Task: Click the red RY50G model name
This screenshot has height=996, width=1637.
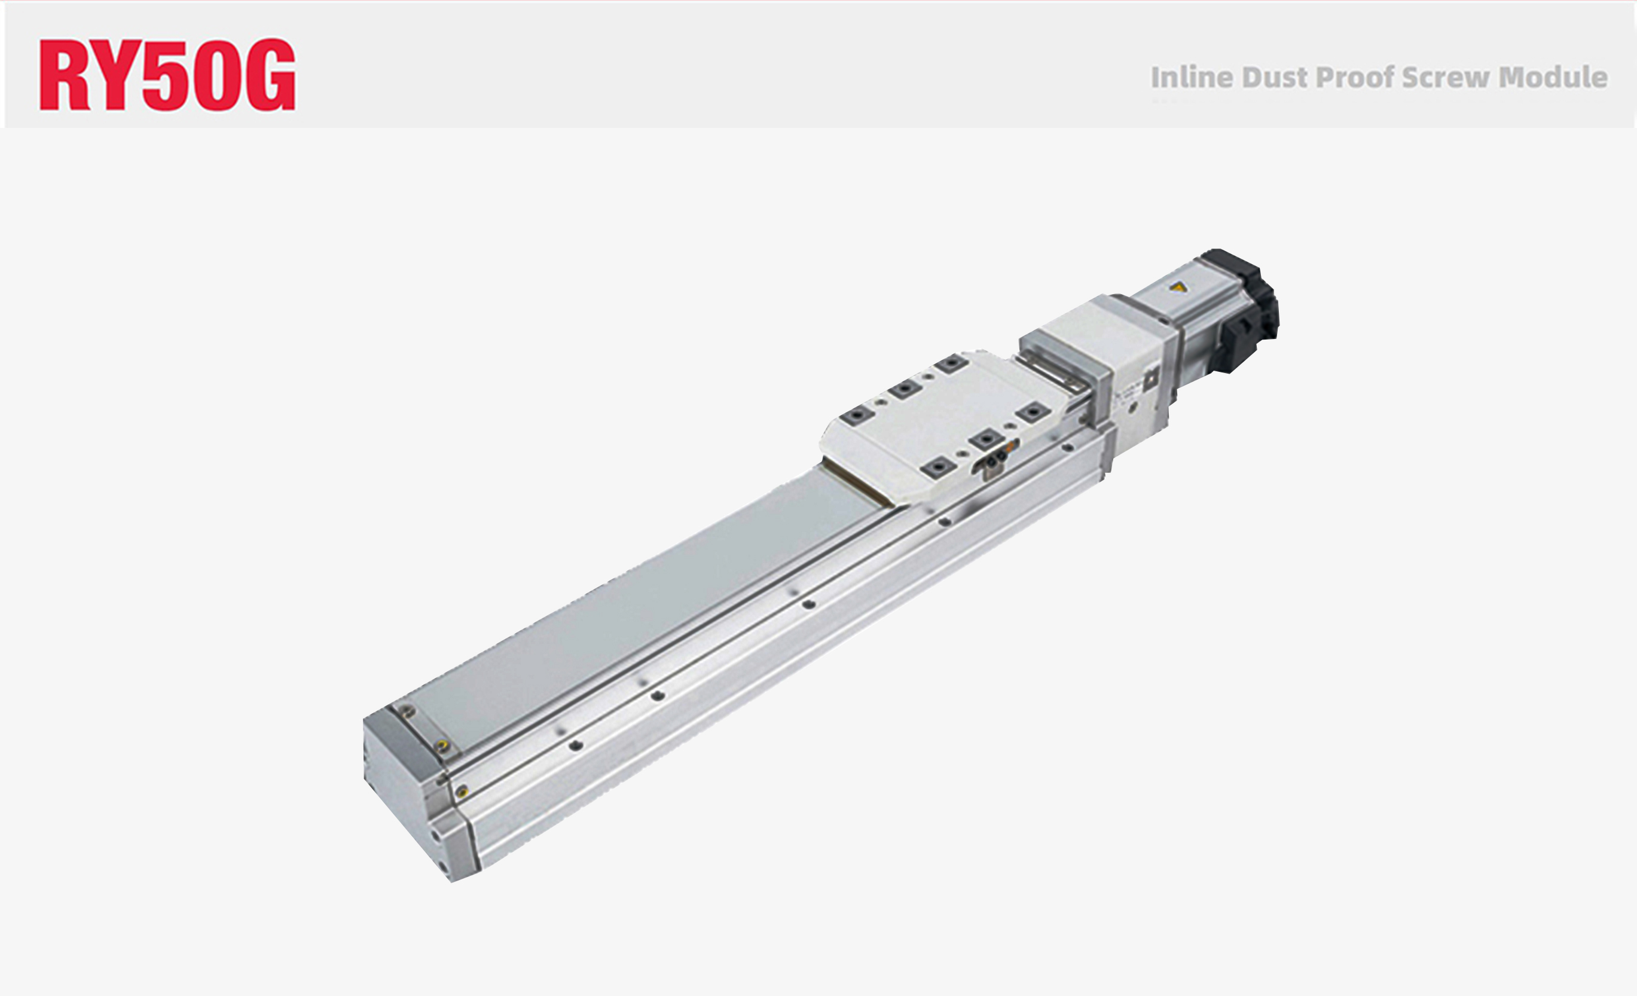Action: (x=167, y=74)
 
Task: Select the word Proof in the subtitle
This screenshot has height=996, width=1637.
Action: (x=1355, y=78)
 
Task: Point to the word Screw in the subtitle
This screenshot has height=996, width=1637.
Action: (x=1446, y=78)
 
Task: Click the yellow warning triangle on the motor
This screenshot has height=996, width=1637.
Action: (x=1178, y=288)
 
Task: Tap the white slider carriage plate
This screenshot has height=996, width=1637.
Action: (x=943, y=425)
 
